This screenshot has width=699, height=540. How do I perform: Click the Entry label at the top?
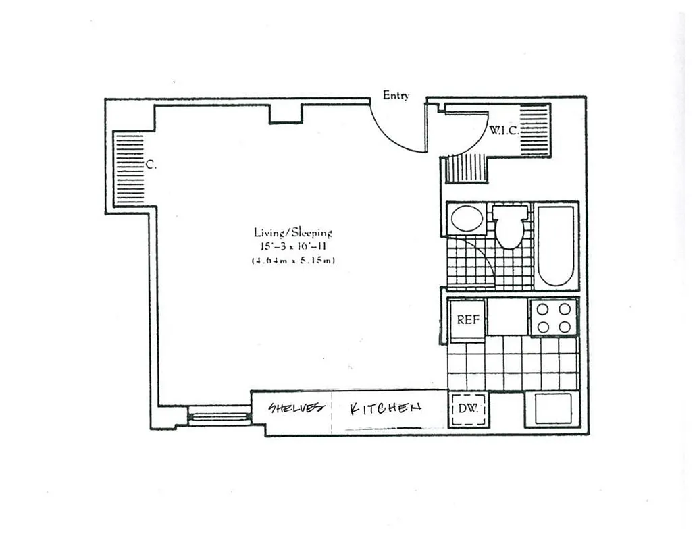coord(396,95)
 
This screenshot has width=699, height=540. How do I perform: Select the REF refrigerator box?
coord(467,319)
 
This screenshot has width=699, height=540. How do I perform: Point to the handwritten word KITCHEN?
coord(386,408)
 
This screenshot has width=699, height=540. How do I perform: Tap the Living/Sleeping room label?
coord(292,232)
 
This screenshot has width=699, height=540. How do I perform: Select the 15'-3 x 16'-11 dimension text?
coord(292,246)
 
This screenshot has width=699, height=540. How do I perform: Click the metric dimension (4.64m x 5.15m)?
coord(292,260)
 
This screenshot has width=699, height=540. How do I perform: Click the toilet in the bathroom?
coord(508,227)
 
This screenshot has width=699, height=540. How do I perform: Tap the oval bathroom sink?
coord(466,219)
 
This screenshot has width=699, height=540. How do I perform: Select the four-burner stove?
coord(553,318)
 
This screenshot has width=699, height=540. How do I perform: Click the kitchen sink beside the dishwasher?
coord(553,408)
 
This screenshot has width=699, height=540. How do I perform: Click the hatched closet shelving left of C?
coord(128,169)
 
